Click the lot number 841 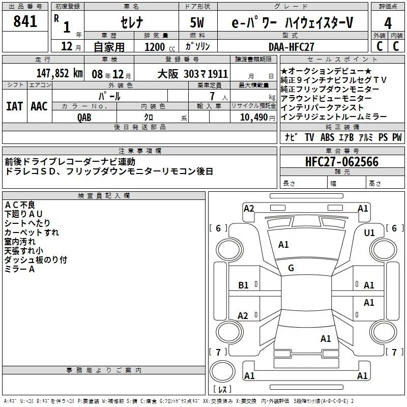pos(25,21)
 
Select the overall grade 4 pos(388,23)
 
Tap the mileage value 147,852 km pos(60,73)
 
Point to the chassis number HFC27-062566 pos(342,162)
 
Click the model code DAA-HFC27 pos(291,47)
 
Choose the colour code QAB pos(84,118)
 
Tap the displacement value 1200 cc pos(160,47)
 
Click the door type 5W pos(197,22)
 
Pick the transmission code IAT pos(15,106)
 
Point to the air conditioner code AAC pos(39,106)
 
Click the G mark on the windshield pos(291,268)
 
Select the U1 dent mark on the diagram pos(369,233)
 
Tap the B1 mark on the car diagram pos(243,285)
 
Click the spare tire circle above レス pos(222,372)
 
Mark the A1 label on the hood pos(283,245)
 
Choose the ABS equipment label pos(327,137)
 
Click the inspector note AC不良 pos(20,205)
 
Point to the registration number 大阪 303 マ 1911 pos(193,74)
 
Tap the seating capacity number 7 pos(212,96)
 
